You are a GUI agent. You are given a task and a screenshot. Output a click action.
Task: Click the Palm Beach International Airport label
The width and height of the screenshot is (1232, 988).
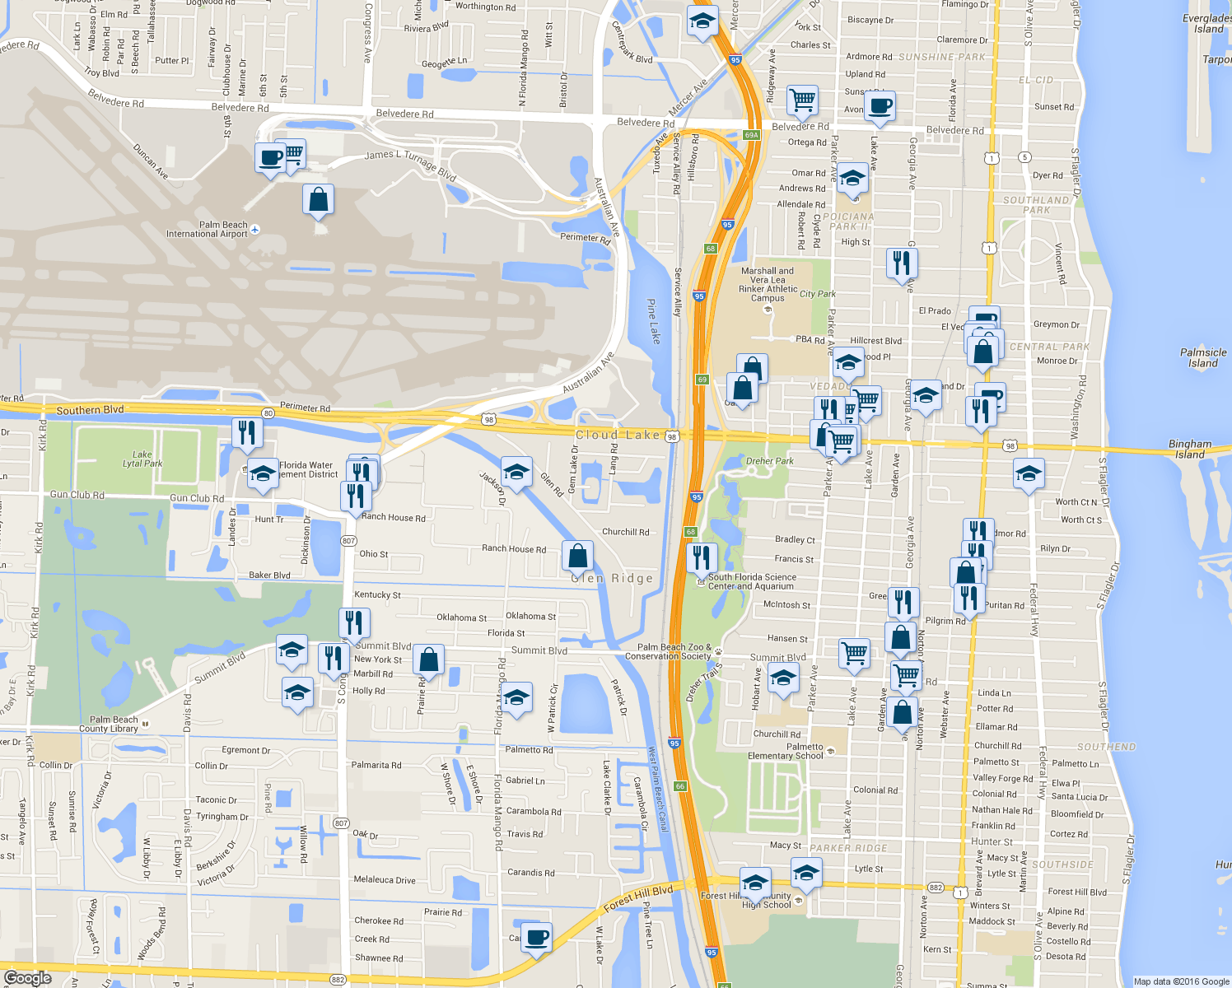[207, 230]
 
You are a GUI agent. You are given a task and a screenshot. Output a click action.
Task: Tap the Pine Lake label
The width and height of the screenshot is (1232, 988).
[652, 321]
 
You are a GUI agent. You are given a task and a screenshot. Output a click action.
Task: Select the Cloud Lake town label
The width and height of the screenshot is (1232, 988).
[618, 435]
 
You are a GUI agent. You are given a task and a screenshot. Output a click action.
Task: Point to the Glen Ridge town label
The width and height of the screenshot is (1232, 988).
[612, 578]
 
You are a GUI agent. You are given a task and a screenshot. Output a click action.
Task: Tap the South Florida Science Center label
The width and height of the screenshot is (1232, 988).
[751, 581]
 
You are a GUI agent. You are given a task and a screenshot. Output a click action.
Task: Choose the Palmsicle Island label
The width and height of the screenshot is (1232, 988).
[1203, 357]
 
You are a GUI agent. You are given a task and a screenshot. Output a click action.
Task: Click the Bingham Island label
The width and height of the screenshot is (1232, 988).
[1190, 449]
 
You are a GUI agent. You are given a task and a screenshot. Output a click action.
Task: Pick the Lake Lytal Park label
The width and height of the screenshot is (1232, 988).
[142, 459]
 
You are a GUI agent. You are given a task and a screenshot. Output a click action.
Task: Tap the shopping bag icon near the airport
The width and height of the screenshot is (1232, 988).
[318, 200]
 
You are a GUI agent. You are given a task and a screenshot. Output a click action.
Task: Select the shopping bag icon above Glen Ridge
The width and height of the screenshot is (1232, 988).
[578, 556]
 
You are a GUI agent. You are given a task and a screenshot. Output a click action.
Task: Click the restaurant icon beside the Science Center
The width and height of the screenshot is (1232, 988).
[702, 558]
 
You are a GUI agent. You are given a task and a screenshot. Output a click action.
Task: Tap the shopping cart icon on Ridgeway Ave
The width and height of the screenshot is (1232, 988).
[802, 100]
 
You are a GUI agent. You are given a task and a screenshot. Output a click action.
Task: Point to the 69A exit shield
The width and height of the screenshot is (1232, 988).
[751, 135]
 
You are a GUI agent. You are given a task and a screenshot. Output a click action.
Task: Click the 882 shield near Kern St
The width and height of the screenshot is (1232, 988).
[936, 888]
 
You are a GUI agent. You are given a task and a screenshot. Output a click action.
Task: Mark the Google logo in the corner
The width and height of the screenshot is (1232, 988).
[27, 978]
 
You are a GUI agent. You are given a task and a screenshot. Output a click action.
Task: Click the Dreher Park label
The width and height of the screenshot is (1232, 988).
[770, 461]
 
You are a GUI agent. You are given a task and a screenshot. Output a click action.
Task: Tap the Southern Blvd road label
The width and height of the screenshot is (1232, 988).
[91, 410]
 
